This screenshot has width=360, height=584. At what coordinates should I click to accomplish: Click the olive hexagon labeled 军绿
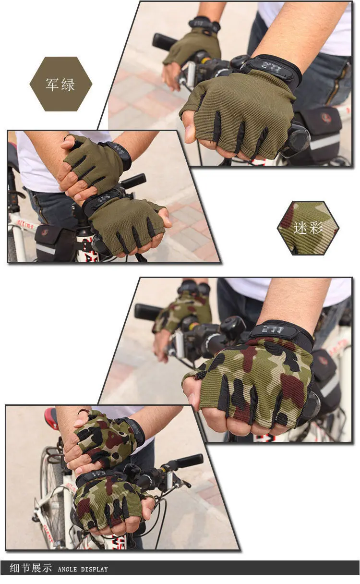click(60, 84)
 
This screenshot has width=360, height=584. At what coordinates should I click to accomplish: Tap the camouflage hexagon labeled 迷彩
click(308, 228)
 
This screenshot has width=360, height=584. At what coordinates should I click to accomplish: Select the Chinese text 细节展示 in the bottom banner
click(30, 568)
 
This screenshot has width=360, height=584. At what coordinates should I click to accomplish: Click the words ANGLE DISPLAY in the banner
click(83, 569)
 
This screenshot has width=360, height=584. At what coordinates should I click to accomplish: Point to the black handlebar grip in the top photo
click(164, 42)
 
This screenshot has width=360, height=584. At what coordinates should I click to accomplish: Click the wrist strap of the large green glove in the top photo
click(274, 69)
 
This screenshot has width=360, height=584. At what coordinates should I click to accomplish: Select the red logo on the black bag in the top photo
click(326, 118)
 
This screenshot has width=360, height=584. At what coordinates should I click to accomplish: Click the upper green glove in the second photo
click(94, 161)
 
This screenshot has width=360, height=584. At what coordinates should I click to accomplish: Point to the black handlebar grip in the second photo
click(133, 181)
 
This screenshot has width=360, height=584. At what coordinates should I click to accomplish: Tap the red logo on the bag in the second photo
click(44, 232)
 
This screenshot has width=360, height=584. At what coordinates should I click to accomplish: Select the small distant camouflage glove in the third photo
click(185, 307)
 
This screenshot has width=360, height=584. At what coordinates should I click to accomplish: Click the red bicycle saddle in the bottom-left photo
click(51, 418)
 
